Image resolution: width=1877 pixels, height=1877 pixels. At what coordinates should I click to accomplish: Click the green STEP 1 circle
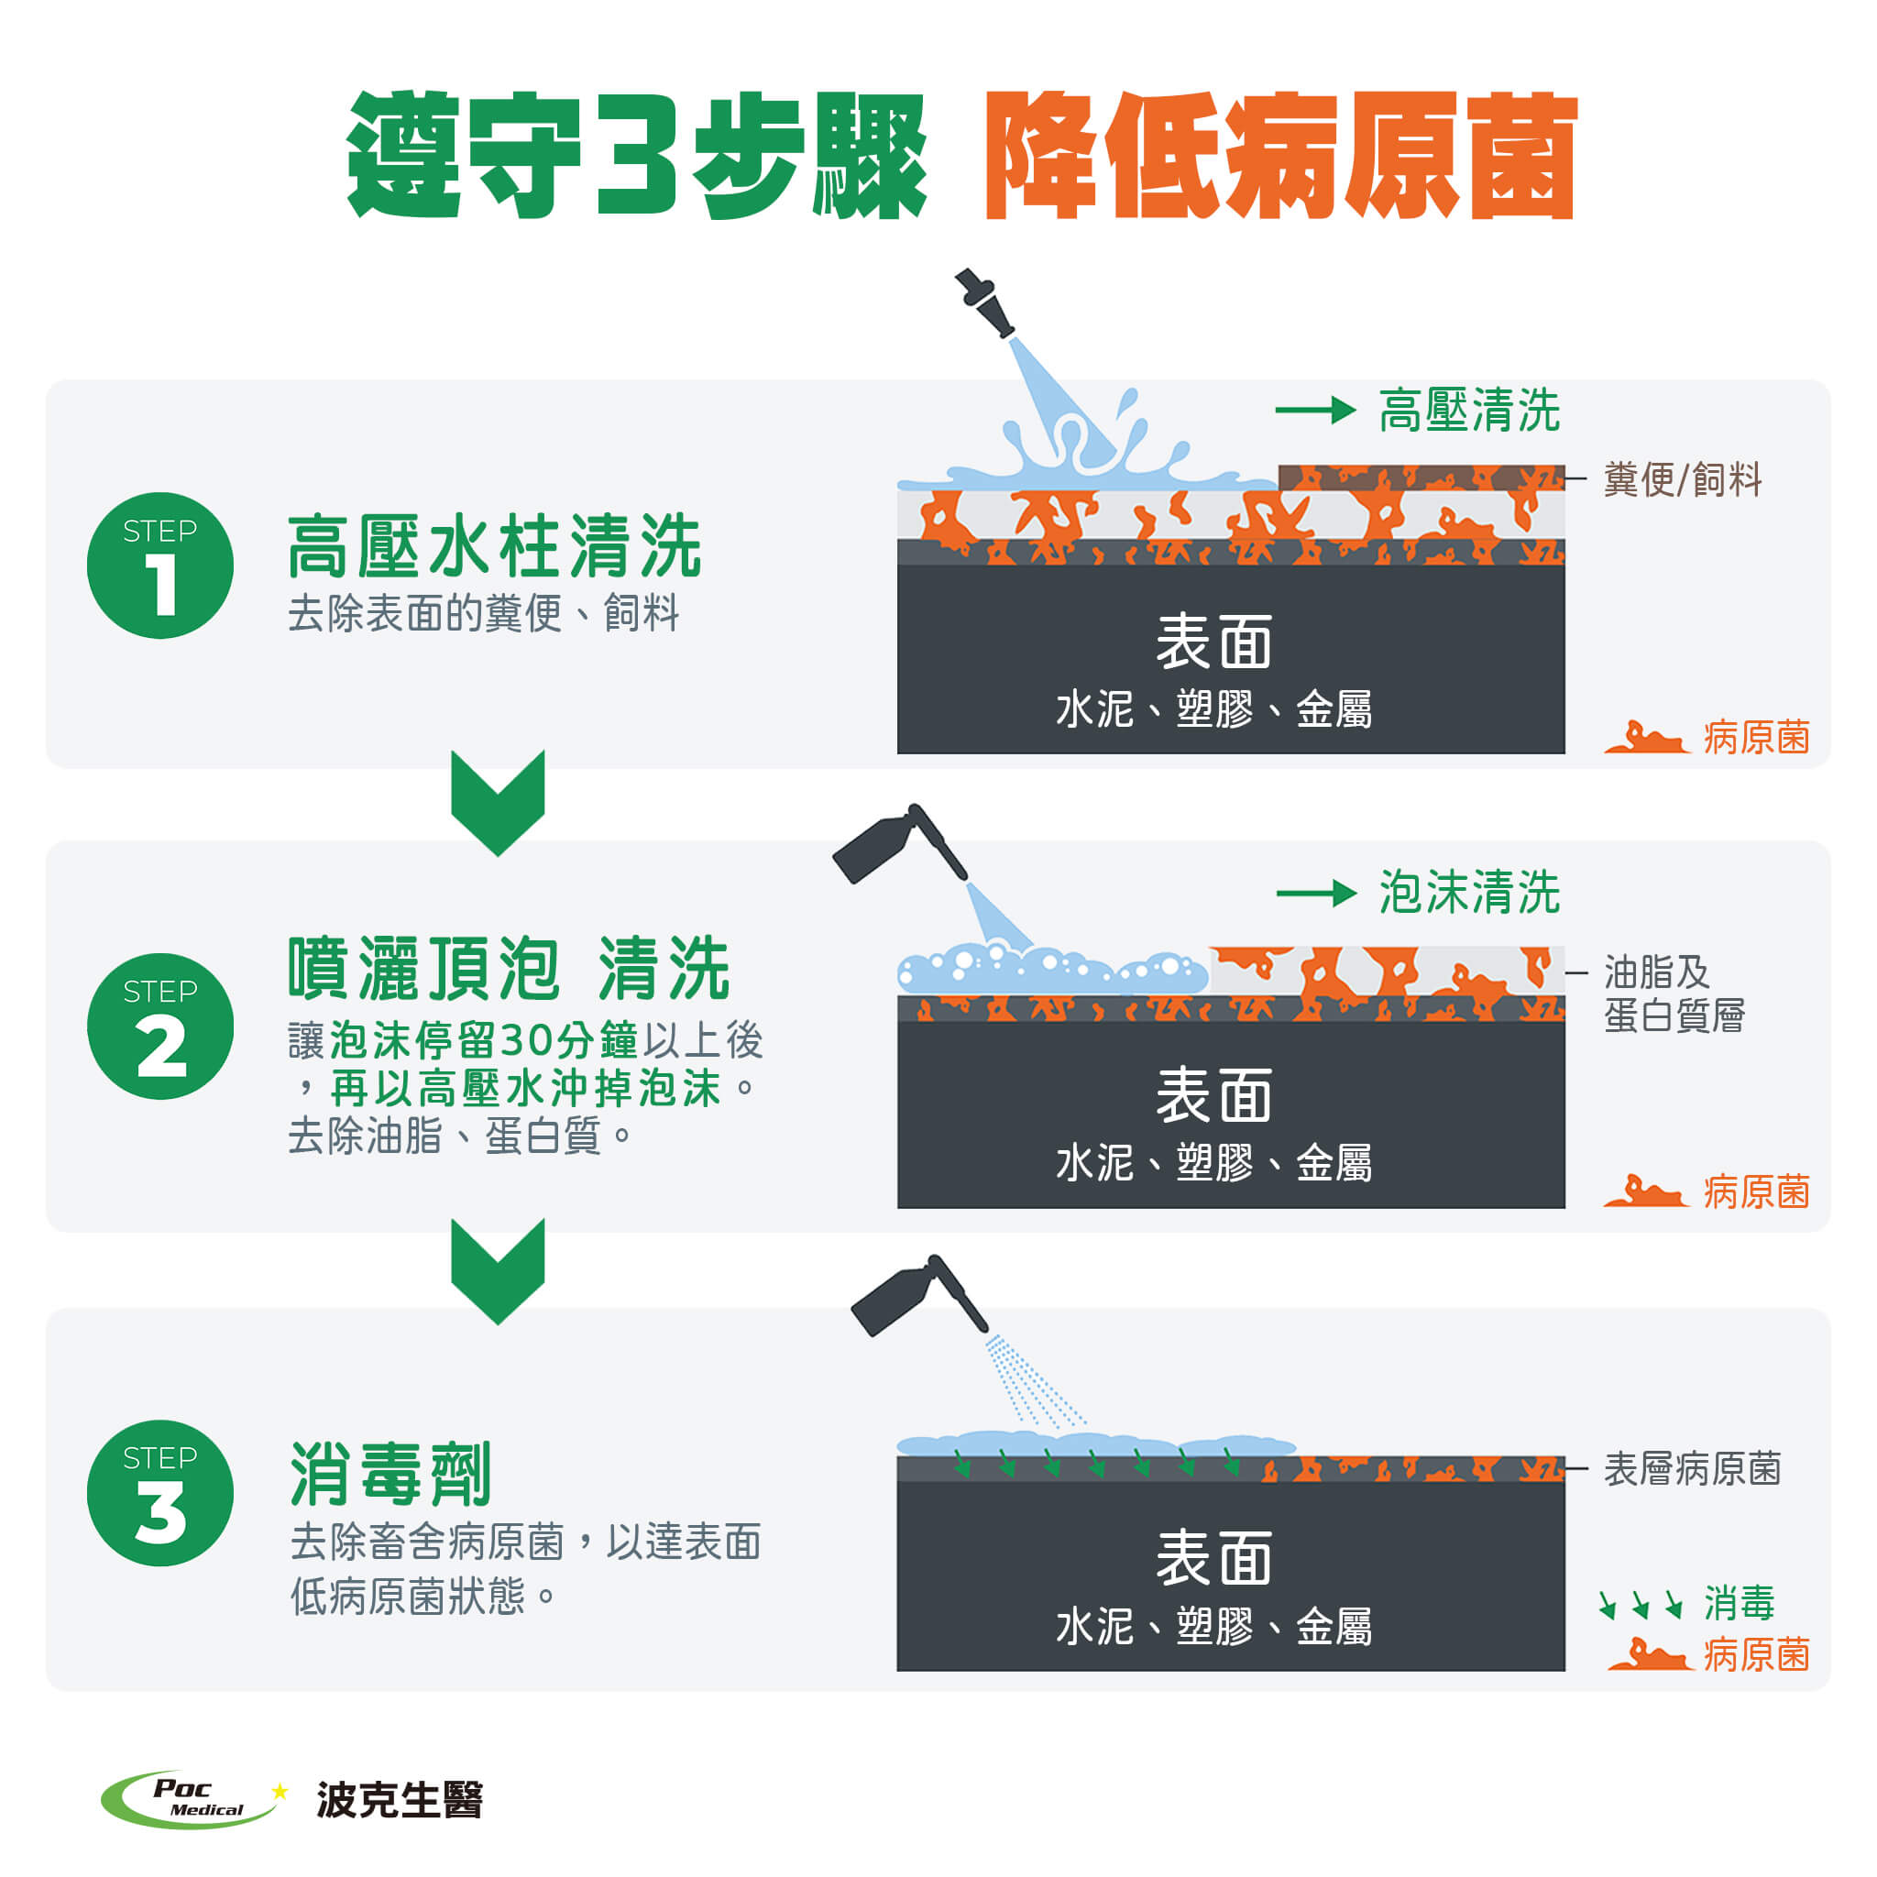(160, 565)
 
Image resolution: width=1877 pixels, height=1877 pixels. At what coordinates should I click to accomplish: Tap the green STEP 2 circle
(160, 1026)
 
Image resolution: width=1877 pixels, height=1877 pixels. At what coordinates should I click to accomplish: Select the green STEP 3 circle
(160, 1492)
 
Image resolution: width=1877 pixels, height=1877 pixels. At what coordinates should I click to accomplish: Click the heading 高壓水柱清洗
(495, 546)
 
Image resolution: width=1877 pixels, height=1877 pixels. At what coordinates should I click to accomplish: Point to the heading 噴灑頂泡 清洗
(508, 969)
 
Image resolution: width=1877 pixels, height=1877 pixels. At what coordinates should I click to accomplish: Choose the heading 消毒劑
(390, 1473)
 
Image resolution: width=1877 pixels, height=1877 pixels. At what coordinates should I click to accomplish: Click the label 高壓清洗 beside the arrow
(1469, 410)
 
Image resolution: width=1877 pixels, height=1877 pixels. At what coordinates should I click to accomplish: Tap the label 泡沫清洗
(1469, 892)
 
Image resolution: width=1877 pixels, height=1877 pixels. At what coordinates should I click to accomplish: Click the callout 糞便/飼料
(1683, 480)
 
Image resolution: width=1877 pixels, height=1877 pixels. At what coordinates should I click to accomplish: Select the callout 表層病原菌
(1693, 1469)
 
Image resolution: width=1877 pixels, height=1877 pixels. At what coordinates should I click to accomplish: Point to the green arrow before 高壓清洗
(1315, 410)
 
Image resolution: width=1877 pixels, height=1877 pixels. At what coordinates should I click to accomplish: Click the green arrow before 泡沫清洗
(1316, 893)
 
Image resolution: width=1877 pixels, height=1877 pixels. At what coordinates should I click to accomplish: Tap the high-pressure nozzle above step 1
(984, 302)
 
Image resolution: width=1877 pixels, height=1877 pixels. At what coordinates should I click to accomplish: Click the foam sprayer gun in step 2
(899, 843)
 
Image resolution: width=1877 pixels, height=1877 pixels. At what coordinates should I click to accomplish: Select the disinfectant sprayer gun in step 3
(918, 1296)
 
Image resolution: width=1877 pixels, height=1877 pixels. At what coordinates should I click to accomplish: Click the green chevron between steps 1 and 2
(498, 803)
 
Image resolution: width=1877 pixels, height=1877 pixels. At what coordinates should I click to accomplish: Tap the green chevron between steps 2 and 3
(498, 1271)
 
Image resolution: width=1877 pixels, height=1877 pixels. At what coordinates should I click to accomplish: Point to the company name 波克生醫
(400, 1799)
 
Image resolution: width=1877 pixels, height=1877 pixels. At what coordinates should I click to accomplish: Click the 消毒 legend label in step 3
(1739, 1603)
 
